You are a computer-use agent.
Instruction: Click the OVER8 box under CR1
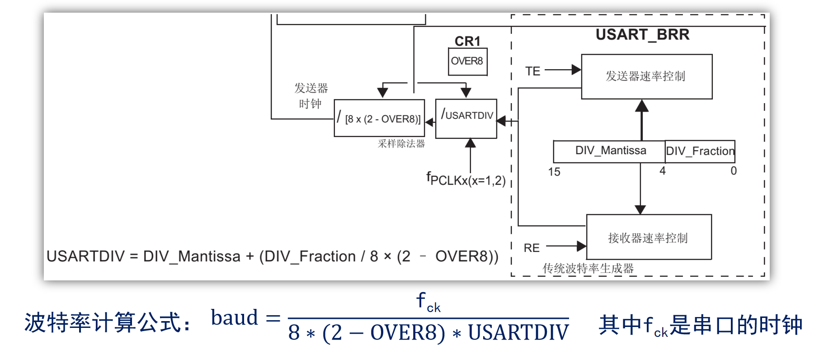pyautogui.click(x=468, y=62)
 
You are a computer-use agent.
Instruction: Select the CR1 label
pyautogui.click(x=467, y=41)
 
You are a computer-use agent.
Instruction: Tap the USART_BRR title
pyautogui.click(x=642, y=35)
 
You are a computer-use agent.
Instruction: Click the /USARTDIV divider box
pyautogui.click(x=466, y=118)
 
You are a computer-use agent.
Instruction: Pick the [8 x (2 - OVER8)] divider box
pyautogui.click(x=379, y=118)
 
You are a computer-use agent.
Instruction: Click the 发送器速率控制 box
pyautogui.click(x=647, y=76)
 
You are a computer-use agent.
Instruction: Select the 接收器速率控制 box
pyautogui.click(x=649, y=237)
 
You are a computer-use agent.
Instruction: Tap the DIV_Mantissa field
pyautogui.click(x=609, y=151)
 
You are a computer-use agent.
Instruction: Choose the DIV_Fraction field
pyautogui.click(x=700, y=151)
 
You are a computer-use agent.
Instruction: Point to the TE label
pyautogui.click(x=533, y=71)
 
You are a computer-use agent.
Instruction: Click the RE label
pyautogui.click(x=532, y=248)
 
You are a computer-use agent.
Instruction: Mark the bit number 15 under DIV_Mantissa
pyautogui.click(x=554, y=172)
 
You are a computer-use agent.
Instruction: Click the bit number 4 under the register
pyautogui.click(x=663, y=171)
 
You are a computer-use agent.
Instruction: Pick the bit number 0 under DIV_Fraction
pyautogui.click(x=734, y=171)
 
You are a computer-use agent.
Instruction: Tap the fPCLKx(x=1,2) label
pyautogui.click(x=466, y=179)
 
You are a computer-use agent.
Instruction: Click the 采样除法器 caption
pyautogui.click(x=401, y=144)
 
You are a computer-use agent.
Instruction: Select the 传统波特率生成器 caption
pyautogui.click(x=588, y=269)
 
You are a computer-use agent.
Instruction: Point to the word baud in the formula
pyautogui.click(x=234, y=317)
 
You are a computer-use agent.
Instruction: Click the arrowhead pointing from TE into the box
pyautogui.click(x=576, y=70)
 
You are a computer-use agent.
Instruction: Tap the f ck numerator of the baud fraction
pyautogui.click(x=428, y=302)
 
